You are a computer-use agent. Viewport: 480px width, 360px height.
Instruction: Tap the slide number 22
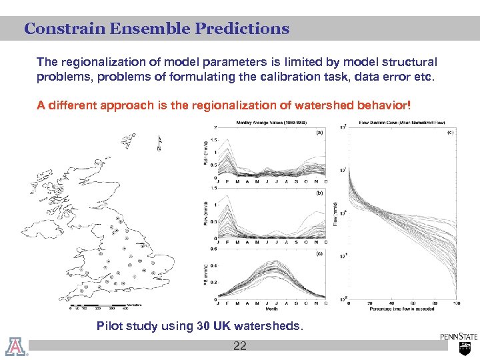pos(240,345)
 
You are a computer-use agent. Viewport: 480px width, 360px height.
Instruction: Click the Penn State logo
pos(459,343)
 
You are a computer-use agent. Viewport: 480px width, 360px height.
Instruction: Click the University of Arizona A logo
pos(14,347)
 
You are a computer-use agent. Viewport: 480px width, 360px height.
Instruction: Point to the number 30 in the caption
pos(205,326)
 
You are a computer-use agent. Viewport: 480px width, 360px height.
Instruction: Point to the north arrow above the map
pos(159,143)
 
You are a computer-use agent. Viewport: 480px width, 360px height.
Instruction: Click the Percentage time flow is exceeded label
pos(402,309)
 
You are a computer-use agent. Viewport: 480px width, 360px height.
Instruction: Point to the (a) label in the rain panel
pos(319,132)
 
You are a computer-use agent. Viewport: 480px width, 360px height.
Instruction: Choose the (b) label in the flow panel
pos(319,193)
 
